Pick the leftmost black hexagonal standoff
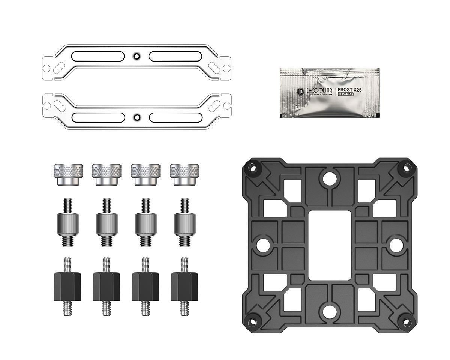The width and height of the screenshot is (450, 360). (x=67, y=286)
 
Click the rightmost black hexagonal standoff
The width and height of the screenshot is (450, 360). (x=184, y=286)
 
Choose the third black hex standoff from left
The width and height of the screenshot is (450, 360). (x=145, y=286)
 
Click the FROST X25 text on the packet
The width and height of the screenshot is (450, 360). (x=350, y=90)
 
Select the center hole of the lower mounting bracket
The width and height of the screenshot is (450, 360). (x=136, y=117)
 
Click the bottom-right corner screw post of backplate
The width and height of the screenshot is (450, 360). (x=406, y=321)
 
